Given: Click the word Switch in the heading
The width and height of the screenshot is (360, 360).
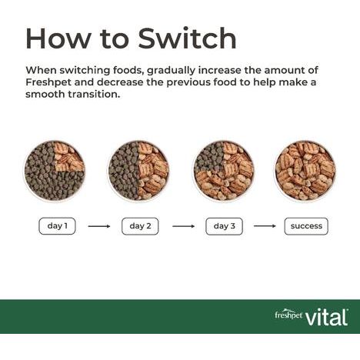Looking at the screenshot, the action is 187,38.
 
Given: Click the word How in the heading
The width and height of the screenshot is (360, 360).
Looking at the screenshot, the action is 58,38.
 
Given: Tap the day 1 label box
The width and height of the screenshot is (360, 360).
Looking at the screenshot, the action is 57,226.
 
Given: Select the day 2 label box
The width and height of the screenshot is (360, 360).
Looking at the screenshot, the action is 140,226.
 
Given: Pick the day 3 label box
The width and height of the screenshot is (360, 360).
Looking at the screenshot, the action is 224,226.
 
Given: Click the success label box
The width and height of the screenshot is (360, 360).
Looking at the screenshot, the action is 306,226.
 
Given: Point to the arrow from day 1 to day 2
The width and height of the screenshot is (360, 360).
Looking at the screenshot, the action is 99,226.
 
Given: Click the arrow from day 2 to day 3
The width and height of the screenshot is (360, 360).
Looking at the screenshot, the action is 183,226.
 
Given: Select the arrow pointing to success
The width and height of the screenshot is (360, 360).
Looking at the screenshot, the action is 265,226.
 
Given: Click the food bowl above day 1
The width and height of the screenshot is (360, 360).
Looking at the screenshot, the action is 55,171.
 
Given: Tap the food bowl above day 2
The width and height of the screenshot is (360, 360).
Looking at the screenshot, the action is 138,171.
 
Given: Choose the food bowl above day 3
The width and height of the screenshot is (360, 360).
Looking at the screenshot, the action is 224,171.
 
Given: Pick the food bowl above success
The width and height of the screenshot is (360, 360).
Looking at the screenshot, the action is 305,171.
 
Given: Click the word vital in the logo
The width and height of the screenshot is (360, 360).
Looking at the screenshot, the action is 326,318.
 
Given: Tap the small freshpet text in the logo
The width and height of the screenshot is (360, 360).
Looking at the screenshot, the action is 288,314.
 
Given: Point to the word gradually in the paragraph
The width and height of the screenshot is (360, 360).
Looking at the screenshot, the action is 172,71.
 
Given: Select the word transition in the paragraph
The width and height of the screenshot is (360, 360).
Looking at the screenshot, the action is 94,95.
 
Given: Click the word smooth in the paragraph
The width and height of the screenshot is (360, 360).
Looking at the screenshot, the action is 45,95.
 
